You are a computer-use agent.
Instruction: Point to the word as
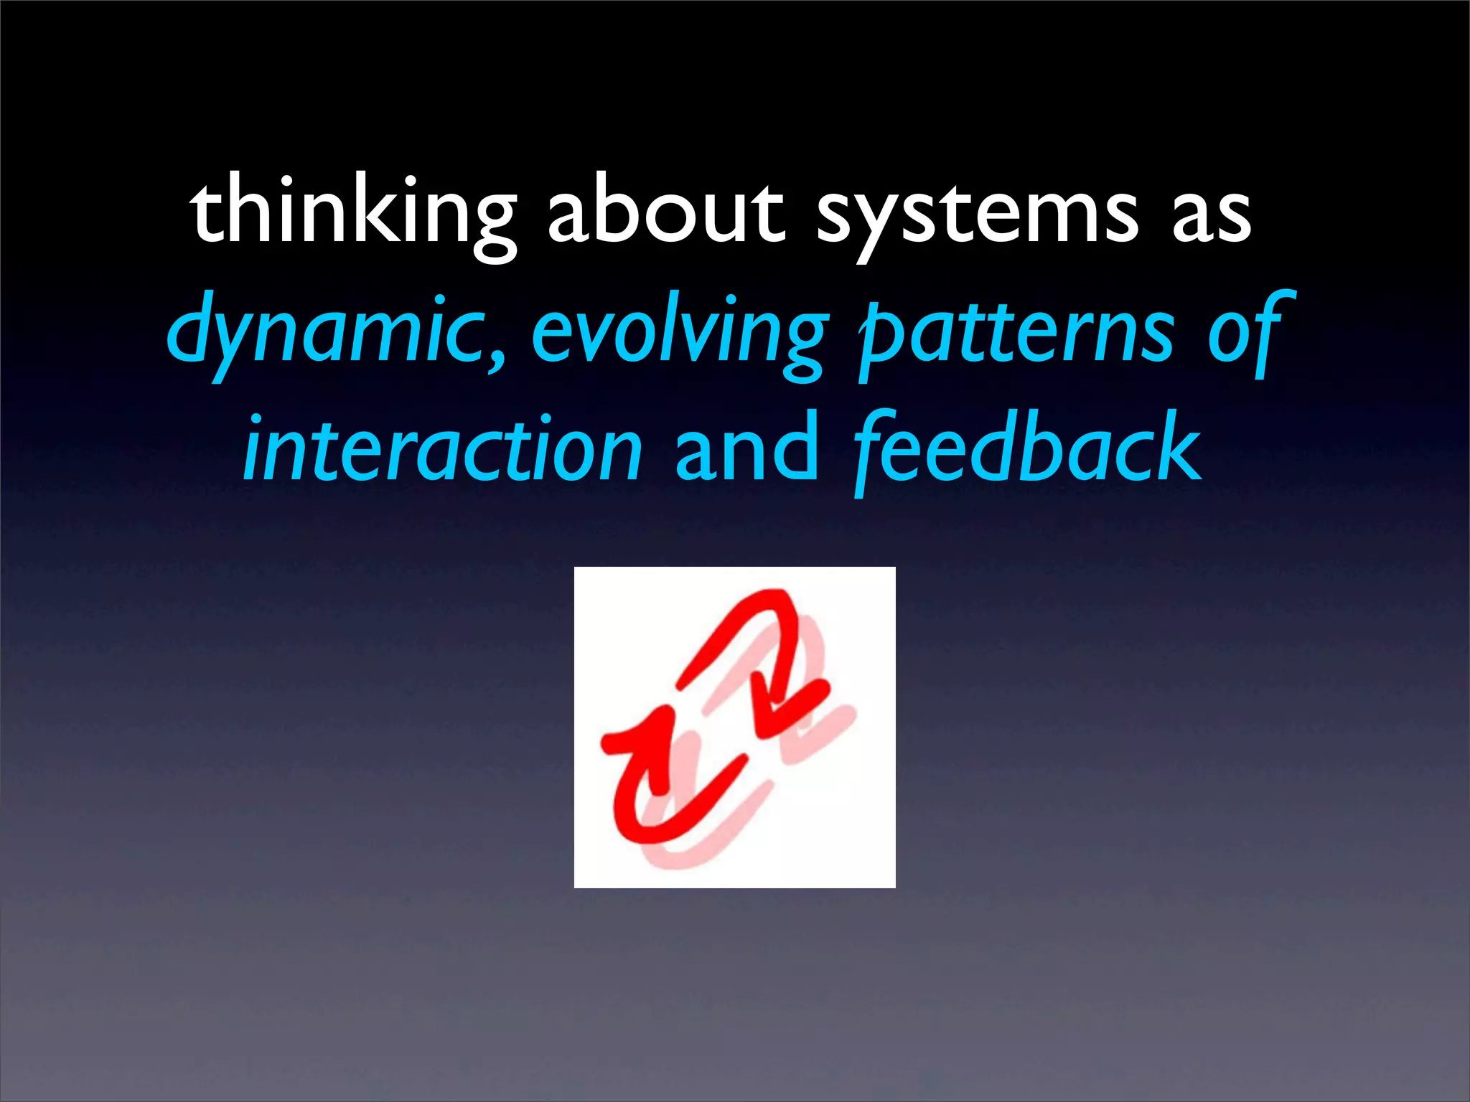[1212, 215]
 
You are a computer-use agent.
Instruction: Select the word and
[746, 448]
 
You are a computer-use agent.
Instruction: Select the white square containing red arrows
[734, 727]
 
